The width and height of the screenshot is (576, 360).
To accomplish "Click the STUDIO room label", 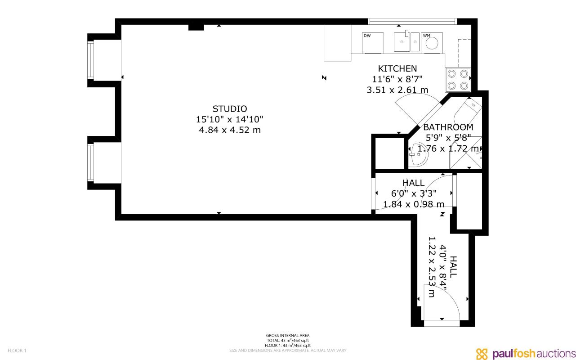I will tap(230, 109).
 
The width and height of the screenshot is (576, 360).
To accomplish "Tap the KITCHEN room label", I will tap(397, 69).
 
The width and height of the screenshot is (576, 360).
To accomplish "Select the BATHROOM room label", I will tap(448, 127).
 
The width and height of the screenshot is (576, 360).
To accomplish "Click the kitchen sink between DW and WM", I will tap(406, 42).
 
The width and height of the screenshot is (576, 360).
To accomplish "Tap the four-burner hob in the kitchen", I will tap(458, 80).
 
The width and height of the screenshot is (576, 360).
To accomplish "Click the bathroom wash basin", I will tap(418, 155).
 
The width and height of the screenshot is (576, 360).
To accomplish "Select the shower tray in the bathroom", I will tap(466, 153).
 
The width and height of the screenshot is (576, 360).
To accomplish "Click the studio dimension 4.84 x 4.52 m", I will tap(230, 130).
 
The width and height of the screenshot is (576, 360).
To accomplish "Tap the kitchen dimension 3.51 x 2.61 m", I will tap(397, 90).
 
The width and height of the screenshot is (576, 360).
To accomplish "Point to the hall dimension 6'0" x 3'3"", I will tap(413, 193).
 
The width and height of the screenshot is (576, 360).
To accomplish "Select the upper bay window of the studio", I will tap(92, 60).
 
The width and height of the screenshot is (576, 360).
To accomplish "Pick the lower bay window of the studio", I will tap(92, 162).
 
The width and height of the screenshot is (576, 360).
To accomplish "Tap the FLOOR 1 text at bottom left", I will tap(17, 351).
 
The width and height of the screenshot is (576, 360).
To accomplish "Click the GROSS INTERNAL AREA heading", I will tap(287, 335).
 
